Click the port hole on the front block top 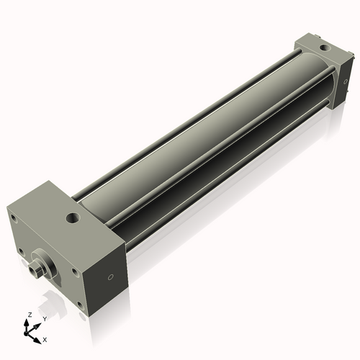(72, 216)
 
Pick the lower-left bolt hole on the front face (24, 252)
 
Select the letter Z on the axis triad (28, 315)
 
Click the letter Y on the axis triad (45, 318)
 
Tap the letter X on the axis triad (45, 338)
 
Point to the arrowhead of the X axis (38, 336)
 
